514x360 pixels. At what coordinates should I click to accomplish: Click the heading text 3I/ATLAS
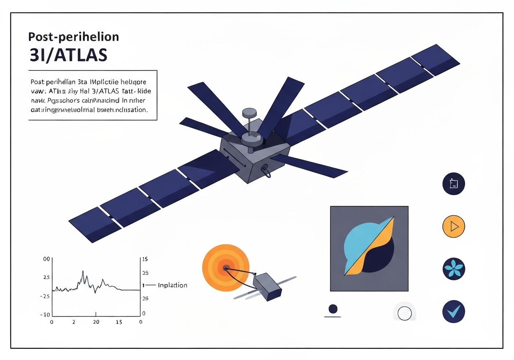68,55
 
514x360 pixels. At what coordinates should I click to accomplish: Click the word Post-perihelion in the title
73,37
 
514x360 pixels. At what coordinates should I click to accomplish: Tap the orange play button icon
453,227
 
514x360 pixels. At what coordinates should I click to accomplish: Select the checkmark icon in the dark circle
453,311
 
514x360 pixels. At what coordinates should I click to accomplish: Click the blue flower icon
453,269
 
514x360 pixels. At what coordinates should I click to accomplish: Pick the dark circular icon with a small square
453,184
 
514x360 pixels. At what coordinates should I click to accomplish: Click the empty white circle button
404,313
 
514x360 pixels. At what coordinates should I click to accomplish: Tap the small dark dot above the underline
332,309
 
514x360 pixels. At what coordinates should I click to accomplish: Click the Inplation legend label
172,285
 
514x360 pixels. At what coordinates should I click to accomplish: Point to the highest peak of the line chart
83,271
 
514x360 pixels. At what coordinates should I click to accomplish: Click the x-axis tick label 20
96,322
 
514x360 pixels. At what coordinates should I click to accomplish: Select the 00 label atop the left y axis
46,259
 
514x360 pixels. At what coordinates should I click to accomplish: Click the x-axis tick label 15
119,322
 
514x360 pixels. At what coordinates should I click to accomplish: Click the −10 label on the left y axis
45,314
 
